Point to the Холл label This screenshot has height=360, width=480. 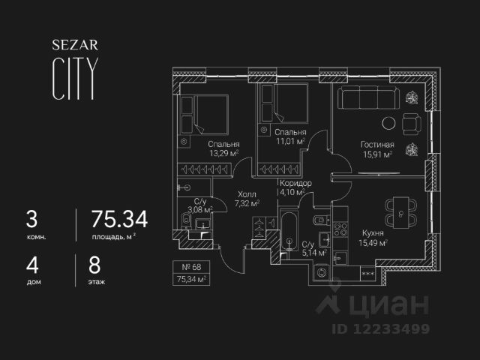click(x=246, y=193)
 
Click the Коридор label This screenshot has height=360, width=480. click(x=295, y=182)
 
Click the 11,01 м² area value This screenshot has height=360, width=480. click(x=289, y=140)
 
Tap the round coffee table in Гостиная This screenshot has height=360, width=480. click(x=390, y=124)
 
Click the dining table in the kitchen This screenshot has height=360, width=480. click(x=400, y=213)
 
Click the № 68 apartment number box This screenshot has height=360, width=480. click(x=191, y=267)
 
